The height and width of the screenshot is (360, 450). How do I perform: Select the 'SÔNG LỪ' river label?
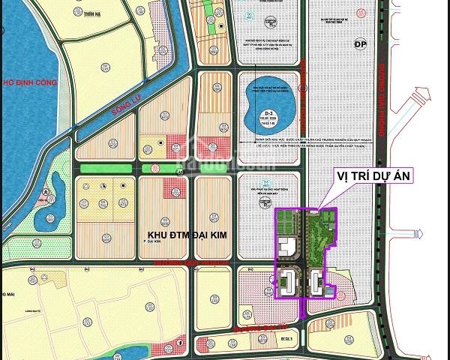(127, 107)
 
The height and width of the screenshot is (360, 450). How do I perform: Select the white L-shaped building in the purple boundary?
(286, 247)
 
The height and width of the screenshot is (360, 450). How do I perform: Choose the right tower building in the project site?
(317, 283)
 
